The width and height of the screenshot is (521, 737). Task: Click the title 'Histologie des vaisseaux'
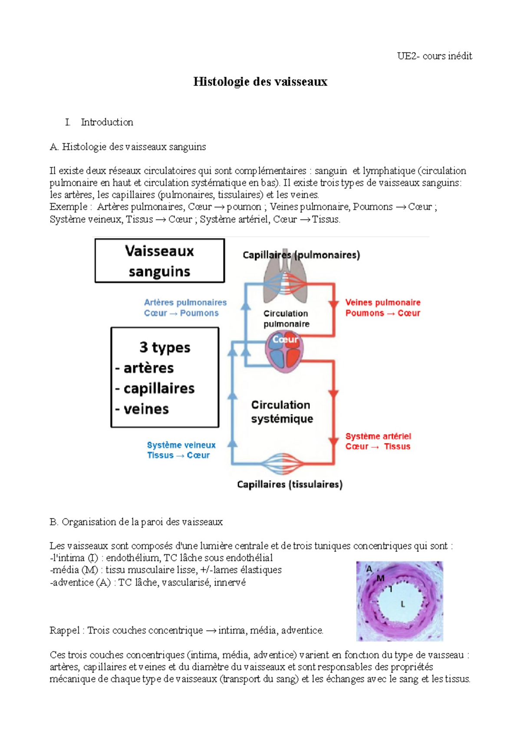(260, 82)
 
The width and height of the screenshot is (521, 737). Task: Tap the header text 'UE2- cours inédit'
(434, 56)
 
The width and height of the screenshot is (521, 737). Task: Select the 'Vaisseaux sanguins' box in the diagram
(159, 261)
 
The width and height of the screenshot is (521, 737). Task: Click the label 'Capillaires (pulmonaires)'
(301, 255)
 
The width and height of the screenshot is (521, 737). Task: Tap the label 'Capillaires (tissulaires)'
(290, 484)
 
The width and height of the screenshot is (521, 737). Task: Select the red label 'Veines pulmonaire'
(383, 303)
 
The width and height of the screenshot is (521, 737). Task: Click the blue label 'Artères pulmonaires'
(185, 303)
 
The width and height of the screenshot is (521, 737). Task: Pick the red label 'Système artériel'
(378, 436)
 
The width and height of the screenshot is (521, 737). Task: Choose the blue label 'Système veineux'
(181, 445)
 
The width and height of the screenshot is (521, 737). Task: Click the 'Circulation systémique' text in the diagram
(281, 411)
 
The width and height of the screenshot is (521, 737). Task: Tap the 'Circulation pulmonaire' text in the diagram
(286, 319)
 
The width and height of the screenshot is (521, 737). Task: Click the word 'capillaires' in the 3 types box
(159, 388)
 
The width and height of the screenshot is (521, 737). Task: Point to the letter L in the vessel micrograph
(402, 604)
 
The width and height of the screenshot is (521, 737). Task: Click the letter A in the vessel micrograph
(369, 569)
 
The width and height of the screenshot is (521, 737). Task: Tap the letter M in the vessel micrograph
(380, 578)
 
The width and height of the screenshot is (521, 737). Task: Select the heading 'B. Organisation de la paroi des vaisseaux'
(136, 522)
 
